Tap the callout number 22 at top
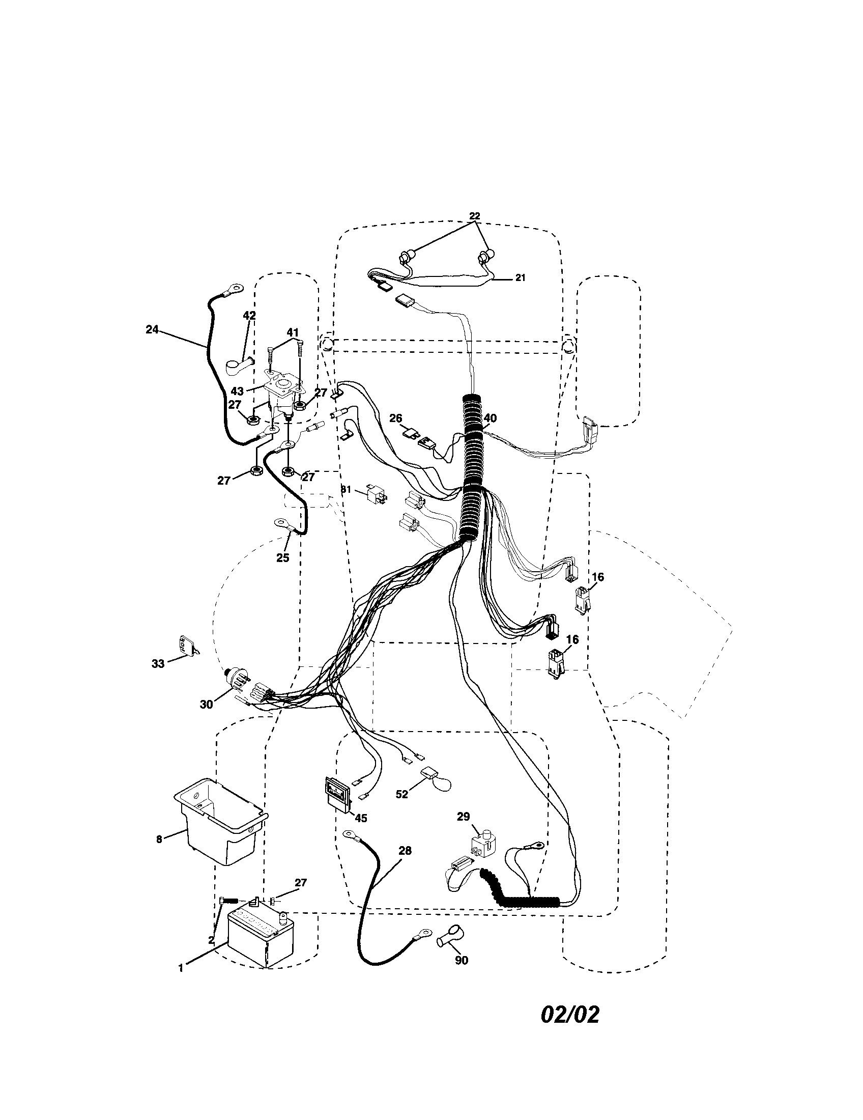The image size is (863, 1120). point(475,216)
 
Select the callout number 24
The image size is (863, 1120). point(152,330)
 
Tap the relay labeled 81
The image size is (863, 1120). point(377,492)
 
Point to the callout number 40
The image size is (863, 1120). point(490,418)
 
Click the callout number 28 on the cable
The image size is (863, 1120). point(405,850)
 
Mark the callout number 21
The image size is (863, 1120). point(520,277)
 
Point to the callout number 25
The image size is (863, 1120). point(282,558)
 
